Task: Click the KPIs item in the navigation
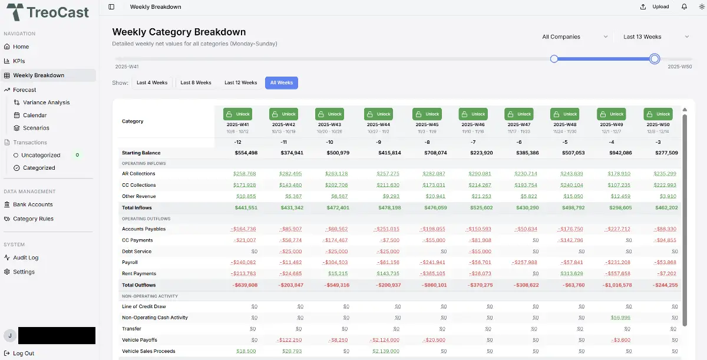pos(19,61)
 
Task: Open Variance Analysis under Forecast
pos(46,103)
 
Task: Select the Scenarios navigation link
pos(36,128)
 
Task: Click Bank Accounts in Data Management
pos(32,204)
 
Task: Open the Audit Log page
pos(25,257)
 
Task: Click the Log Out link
pos(24,354)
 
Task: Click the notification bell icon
pos(684,7)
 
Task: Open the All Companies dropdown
pos(574,37)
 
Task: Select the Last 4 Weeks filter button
pos(152,83)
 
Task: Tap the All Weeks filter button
pos(281,83)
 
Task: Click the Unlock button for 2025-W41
pos(237,114)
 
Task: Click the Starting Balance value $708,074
pos(435,153)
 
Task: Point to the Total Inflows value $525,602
pos(483,207)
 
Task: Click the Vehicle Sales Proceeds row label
pos(148,351)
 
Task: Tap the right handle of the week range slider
pos(655,59)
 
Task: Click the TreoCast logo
pos(48,12)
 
